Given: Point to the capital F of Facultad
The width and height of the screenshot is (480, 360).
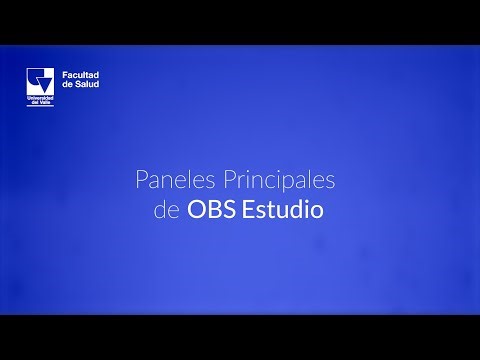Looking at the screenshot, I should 66,75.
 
